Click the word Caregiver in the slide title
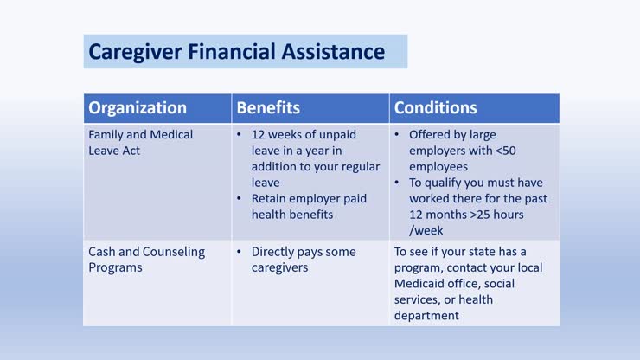(x=128, y=52)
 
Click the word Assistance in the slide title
(x=332, y=52)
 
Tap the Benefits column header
(x=268, y=108)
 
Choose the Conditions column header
(x=435, y=108)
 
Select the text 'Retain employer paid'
(x=309, y=198)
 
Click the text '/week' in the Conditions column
(x=426, y=230)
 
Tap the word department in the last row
(x=426, y=315)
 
